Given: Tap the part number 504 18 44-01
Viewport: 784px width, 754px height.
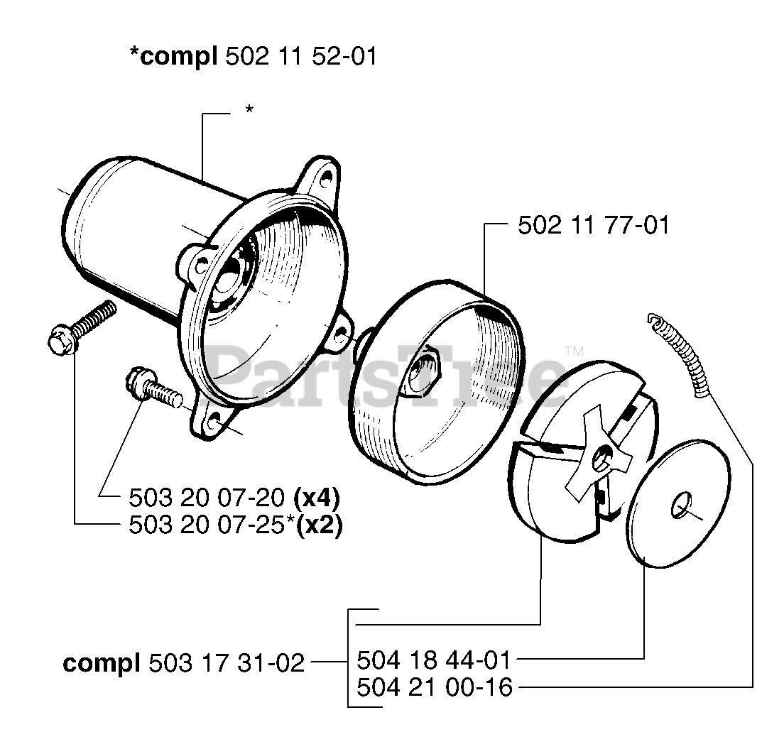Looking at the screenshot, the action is tap(433, 661).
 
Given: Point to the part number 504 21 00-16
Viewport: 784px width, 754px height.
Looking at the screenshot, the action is tap(433, 687).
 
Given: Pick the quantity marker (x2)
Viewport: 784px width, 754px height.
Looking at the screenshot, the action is tap(319, 525).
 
